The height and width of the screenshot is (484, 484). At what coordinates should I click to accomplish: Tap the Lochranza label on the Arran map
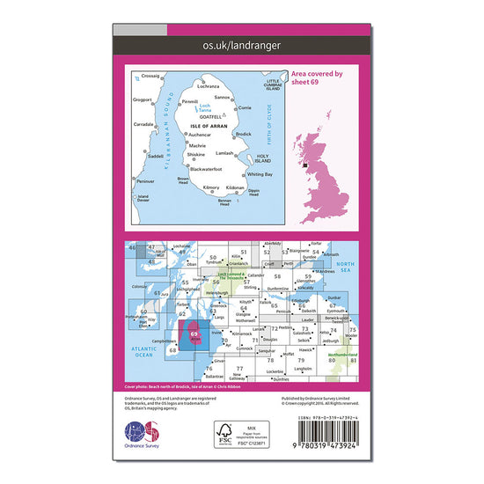click(209, 87)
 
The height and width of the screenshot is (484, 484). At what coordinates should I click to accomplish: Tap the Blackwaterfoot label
click(206, 168)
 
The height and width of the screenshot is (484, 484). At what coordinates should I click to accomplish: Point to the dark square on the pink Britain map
click(305, 162)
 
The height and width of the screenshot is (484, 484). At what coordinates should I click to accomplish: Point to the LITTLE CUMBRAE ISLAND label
click(267, 84)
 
